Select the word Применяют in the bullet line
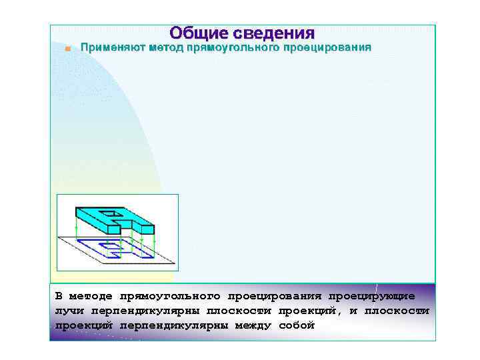click(112, 48)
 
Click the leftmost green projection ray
click(76, 229)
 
